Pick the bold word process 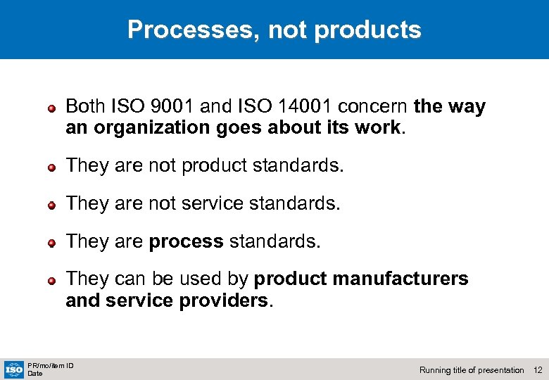(186, 241)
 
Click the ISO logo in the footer (13, 369)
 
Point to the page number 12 (538, 370)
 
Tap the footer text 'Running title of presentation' (472, 370)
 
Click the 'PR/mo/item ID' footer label (51, 365)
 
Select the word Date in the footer (35, 374)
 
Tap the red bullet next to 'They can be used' (51, 280)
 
